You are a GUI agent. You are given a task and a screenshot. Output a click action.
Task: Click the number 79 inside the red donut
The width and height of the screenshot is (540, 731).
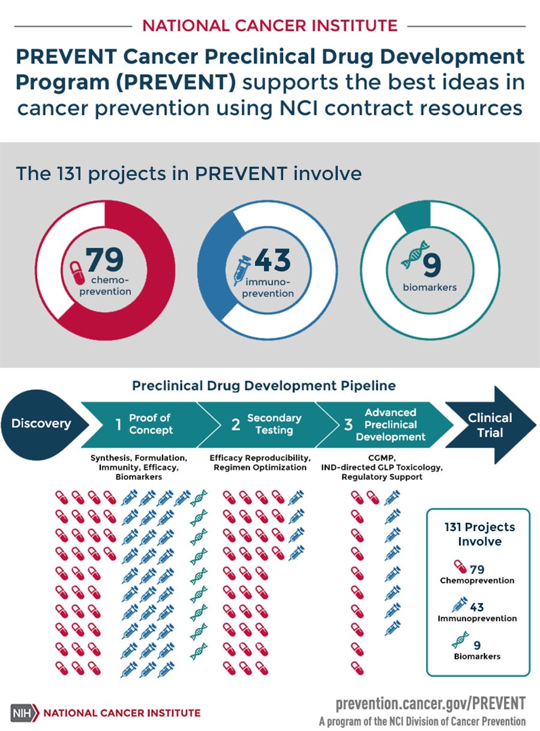(106, 260)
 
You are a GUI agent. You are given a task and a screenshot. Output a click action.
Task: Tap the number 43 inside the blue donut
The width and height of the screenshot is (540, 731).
(272, 260)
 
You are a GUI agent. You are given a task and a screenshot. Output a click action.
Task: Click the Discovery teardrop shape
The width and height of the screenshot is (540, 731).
(41, 423)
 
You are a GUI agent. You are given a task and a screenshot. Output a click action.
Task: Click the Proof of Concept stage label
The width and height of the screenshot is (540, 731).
(150, 424)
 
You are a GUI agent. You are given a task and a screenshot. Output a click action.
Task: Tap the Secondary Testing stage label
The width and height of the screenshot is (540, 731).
(274, 424)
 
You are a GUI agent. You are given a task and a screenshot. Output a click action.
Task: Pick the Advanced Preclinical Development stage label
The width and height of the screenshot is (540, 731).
(390, 424)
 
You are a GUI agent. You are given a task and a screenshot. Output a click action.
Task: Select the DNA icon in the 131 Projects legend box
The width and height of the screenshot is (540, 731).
(461, 643)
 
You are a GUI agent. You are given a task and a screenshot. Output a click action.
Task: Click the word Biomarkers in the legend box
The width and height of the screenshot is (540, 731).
(478, 656)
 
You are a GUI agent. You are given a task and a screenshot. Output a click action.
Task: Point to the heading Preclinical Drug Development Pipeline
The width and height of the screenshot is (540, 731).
(263, 385)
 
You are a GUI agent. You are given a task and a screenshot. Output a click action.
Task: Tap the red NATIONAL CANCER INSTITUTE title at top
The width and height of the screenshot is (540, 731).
(269, 25)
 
